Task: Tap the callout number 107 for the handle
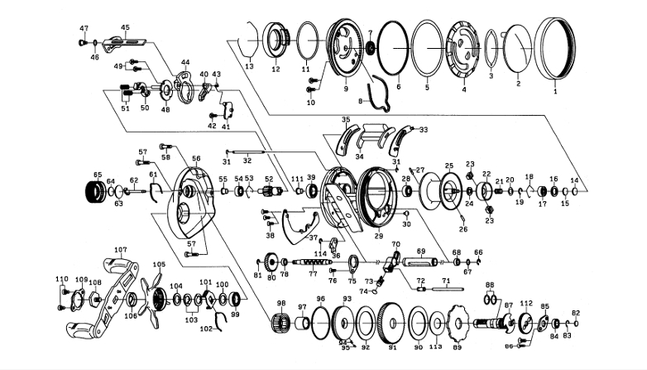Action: click(x=120, y=248)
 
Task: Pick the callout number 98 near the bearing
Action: click(x=281, y=303)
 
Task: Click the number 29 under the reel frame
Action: click(x=379, y=236)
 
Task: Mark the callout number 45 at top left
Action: click(x=126, y=27)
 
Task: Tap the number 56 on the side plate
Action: click(x=196, y=158)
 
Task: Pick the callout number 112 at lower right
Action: click(x=526, y=304)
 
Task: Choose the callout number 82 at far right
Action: click(x=577, y=313)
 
